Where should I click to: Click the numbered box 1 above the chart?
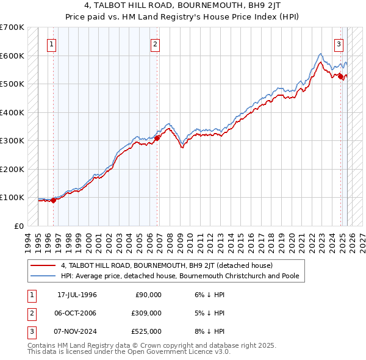point(52,44)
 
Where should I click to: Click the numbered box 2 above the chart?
point(156,44)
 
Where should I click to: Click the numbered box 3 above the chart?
point(339,44)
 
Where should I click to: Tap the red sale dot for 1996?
point(53,200)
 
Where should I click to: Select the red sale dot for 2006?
point(157,138)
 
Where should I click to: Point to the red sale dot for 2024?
point(340,76)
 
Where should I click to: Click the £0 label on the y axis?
point(18,226)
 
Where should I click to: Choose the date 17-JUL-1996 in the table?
point(77,295)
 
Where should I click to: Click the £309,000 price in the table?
point(146,313)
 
